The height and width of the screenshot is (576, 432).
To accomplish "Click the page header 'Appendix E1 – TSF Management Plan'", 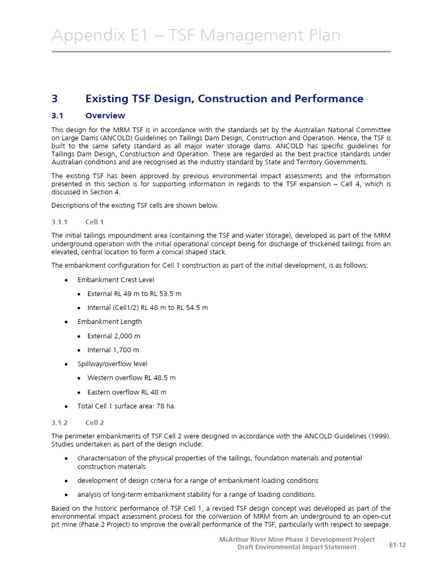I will tap(196, 35).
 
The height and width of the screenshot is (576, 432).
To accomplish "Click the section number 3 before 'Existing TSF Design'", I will tap(55, 98).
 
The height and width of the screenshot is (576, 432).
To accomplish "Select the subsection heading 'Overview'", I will tap(105, 116).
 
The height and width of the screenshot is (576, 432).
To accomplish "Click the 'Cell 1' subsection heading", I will tap(94, 222).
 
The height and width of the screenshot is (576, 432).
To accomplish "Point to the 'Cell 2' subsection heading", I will tap(94, 422).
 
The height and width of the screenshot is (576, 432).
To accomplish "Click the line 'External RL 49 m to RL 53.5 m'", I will tap(134, 294).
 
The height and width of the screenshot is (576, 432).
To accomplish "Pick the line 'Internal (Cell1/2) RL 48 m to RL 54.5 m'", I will tap(147, 308).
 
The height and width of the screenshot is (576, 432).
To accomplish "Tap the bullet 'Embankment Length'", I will tap(109, 322).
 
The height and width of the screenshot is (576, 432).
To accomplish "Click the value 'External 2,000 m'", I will tap(114, 336).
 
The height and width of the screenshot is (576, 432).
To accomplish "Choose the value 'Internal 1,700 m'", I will tap(113, 350).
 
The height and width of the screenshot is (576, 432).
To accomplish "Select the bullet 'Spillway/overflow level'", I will tap(112, 364).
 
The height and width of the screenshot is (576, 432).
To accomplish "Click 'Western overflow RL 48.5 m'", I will tap(131, 378).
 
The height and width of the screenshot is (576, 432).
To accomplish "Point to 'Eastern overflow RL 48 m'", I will tap(127, 392).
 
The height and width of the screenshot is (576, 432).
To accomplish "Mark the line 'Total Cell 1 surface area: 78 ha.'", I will tap(126, 406).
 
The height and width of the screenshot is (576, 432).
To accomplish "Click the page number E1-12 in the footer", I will tap(398, 545).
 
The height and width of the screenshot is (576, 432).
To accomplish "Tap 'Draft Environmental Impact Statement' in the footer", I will tap(296, 547).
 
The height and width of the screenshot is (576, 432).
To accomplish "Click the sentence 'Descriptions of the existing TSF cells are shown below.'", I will tap(135, 205).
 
